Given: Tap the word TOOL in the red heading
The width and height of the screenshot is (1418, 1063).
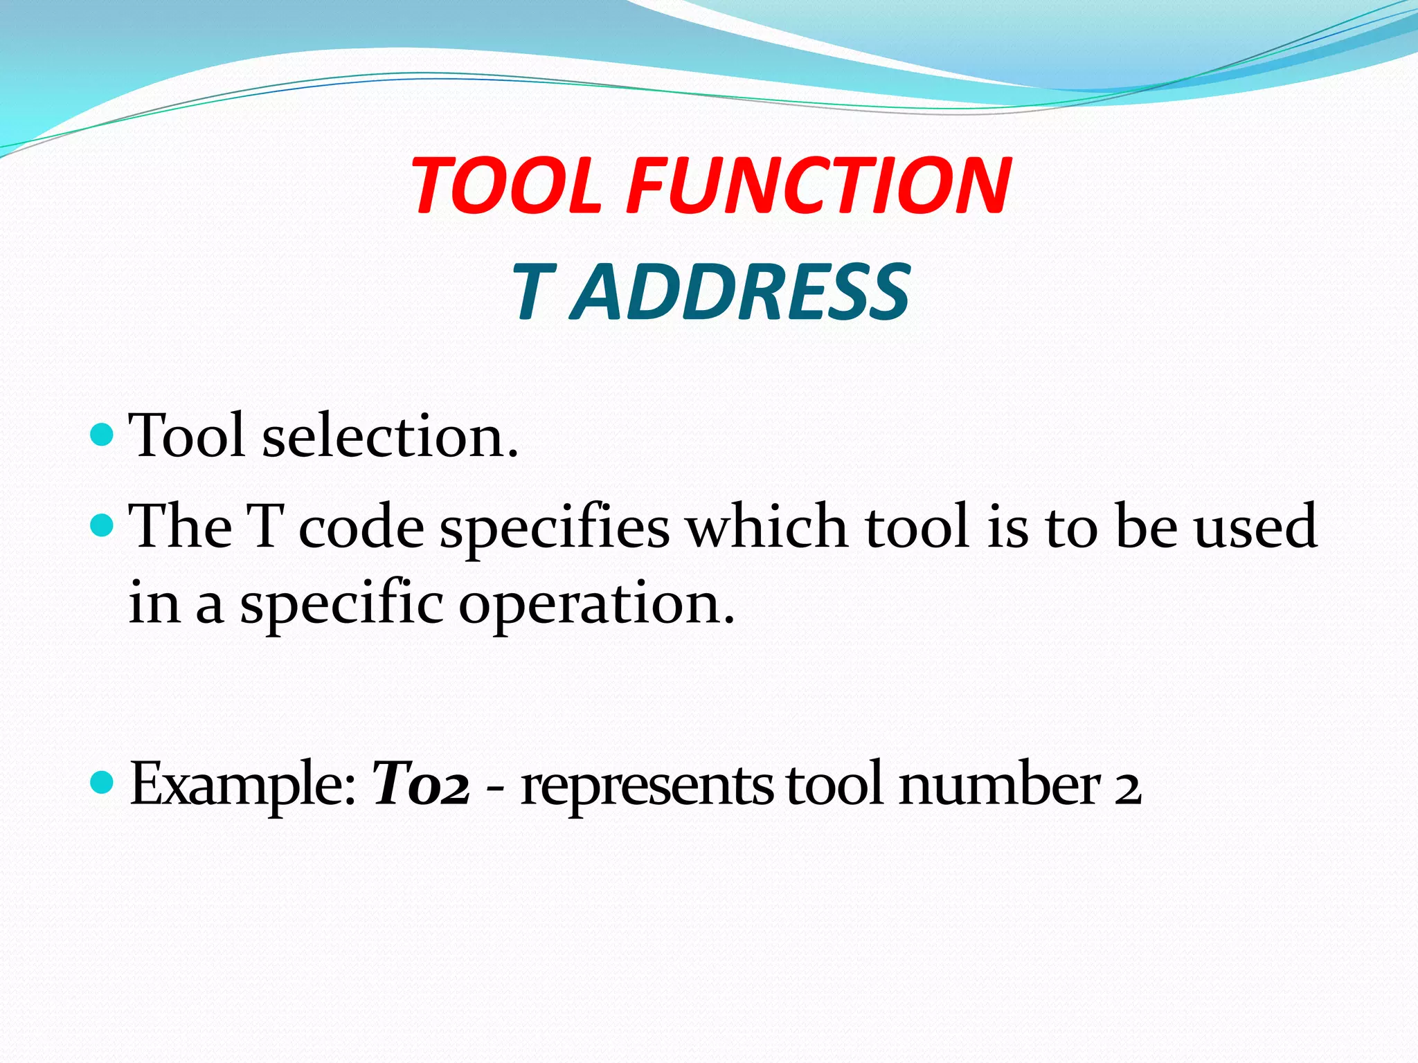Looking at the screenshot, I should [506, 185].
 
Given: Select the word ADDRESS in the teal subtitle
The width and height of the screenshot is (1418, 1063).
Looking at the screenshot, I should [740, 293].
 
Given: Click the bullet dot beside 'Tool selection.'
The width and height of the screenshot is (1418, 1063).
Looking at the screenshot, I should [102, 435].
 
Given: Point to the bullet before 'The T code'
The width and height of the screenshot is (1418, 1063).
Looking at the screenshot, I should [102, 525].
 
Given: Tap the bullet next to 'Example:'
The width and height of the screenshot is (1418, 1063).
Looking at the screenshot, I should [102, 783].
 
